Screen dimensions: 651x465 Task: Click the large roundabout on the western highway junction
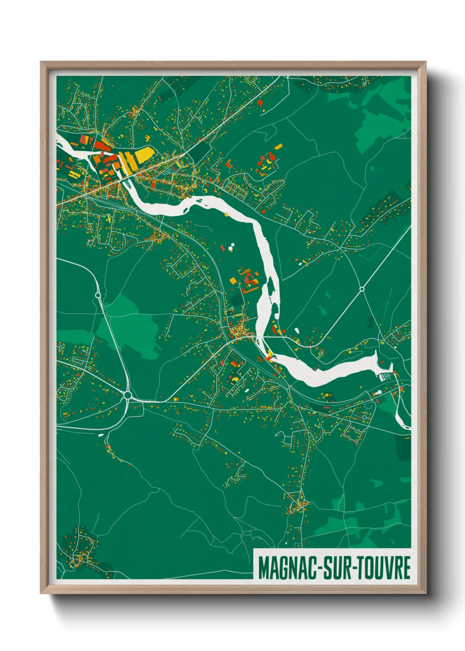pos(127,395)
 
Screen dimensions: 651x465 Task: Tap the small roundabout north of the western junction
pos(98,295)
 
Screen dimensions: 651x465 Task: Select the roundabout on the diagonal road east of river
pos(362,289)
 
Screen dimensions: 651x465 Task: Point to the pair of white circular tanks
pos(231,247)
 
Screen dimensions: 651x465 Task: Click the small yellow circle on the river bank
pos(227,215)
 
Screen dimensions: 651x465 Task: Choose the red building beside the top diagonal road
pos(260,102)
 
